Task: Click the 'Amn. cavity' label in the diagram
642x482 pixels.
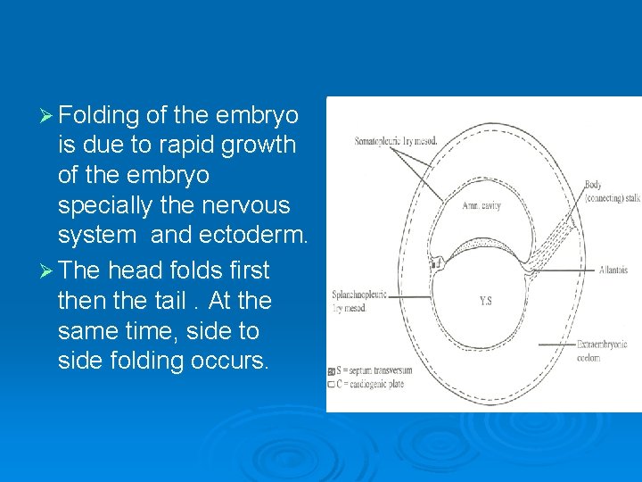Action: click(x=481, y=205)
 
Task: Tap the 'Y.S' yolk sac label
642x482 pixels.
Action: click(x=484, y=301)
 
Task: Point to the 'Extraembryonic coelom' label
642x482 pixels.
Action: click(x=606, y=351)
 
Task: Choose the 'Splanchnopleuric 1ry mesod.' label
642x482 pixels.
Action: click(x=359, y=300)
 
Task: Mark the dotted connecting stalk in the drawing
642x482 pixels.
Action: click(x=553, y=241)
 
